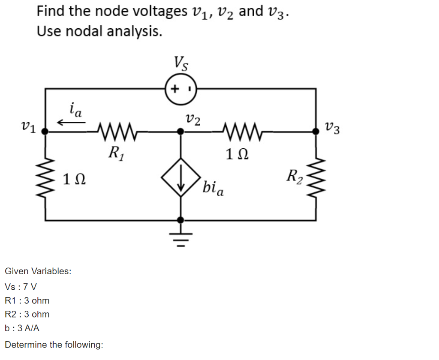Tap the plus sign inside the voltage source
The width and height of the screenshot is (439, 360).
coord(175,89)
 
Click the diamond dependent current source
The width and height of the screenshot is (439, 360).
coord(181,177)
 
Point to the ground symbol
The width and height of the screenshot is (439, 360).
coord(181,237)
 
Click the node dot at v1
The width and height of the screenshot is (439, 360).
coord(45,131)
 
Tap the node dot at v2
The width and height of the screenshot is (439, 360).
coord(181,131)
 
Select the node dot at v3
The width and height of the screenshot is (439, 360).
coord(316,131)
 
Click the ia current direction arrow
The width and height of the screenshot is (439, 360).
coord(72,122)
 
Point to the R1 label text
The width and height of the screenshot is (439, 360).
coord(116,154)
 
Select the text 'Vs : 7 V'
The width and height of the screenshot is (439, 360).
coord(21,287)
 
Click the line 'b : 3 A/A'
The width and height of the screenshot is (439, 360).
coord(22,328)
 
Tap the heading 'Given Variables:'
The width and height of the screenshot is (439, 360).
coord(38,271)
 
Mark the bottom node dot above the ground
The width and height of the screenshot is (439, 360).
coord(181,220)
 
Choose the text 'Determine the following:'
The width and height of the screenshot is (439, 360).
coord(54,345)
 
